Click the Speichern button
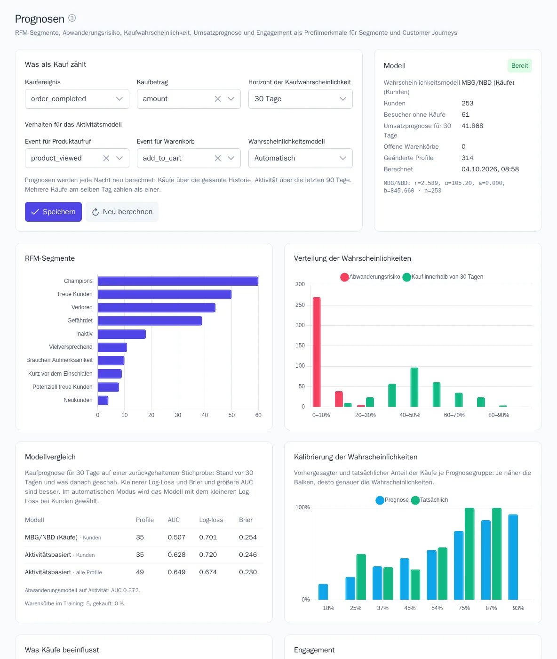(x=53, y=212)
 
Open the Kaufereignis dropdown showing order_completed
(x=77, y=99)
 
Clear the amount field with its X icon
(x=218, y=99)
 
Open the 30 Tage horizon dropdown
(x=300, y=99)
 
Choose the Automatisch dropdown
(x=300, y=158)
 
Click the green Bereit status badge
(x=519, y=66)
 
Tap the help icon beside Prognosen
(x=72, y=18)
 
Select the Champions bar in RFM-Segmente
(x=178, y=281)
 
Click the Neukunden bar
(x=103, y=400)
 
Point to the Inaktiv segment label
(x=84, y=334)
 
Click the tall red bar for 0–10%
(x=317, y=352)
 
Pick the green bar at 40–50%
(x=414, y=387)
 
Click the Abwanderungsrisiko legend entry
(x=370, y=277)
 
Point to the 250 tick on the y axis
(x=300, y=305)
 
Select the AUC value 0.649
(x=176, y=572)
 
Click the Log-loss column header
(x=211, y=520)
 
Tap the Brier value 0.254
(x=247, y=537)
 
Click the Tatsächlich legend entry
(x=429, y=500)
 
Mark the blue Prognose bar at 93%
(x=513, y=557)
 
